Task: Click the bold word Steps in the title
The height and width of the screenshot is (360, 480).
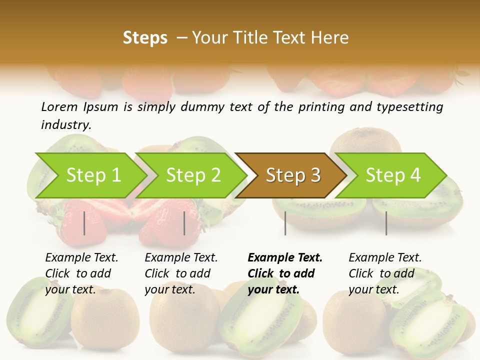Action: point(145,38)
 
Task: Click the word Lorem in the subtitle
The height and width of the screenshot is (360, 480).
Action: point(59,106)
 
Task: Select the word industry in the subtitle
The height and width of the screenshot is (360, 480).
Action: point(66,124)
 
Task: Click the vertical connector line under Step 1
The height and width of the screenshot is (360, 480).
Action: point(84,223)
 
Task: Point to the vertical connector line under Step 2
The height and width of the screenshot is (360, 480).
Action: point(184,223)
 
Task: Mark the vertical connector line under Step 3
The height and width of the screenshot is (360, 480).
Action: point(285,223)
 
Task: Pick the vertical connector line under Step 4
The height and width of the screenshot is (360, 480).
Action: point(386,223)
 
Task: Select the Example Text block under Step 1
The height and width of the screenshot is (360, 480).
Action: point(81,273)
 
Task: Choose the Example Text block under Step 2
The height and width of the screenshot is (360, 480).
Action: point(181,273)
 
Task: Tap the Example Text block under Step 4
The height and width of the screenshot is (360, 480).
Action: point(385,273)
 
